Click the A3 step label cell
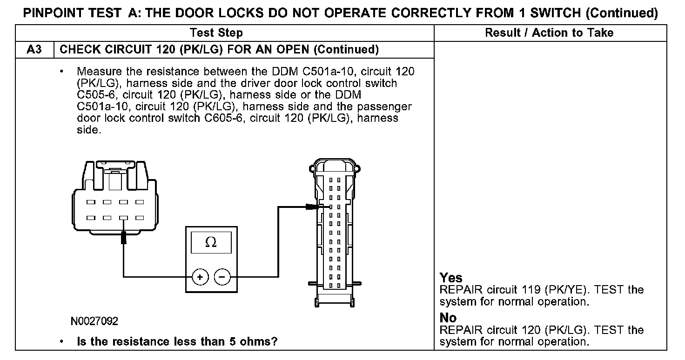35,50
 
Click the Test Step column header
216,33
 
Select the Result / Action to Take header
549,33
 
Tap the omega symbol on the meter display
211,243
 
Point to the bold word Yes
451,278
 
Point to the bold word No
448,318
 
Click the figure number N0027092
94,321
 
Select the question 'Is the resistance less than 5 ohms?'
177,342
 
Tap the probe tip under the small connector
124,238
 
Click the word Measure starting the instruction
95,72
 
